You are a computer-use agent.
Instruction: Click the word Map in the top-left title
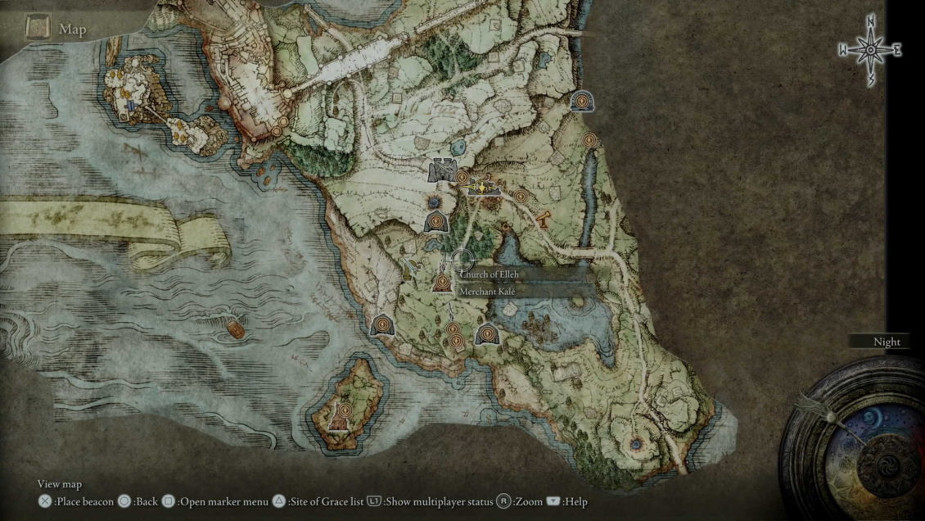pyautogui.click(x=73, y=29)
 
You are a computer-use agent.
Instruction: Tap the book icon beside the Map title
pyautogui.click(x=38, y=29)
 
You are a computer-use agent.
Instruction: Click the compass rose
pyautogui.click(x=869, y=50)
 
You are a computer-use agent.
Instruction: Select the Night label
pyautogui.click(x=887, y=342)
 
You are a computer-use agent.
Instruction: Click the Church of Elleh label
pyautogui.click(x=489, y=274)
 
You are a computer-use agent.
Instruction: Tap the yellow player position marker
pyautogui.click(x=484, y=188)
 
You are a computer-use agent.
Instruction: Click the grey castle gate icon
pyautogui.click(x=442, y=170)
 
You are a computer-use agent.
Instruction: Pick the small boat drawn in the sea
pyautogui.click(x=236, y=329)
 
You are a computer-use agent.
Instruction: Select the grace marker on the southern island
pyautogui.click(x=345, y=410)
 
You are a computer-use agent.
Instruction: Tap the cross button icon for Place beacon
pyautogui.click(x=45, y=501)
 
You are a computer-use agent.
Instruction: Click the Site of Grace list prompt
pyautogui.click(x=325, y=501)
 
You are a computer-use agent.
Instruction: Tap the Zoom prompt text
pyautogui.click(x=529, y=501)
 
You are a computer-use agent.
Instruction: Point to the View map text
pyautogui.click(x=60, y=484)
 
